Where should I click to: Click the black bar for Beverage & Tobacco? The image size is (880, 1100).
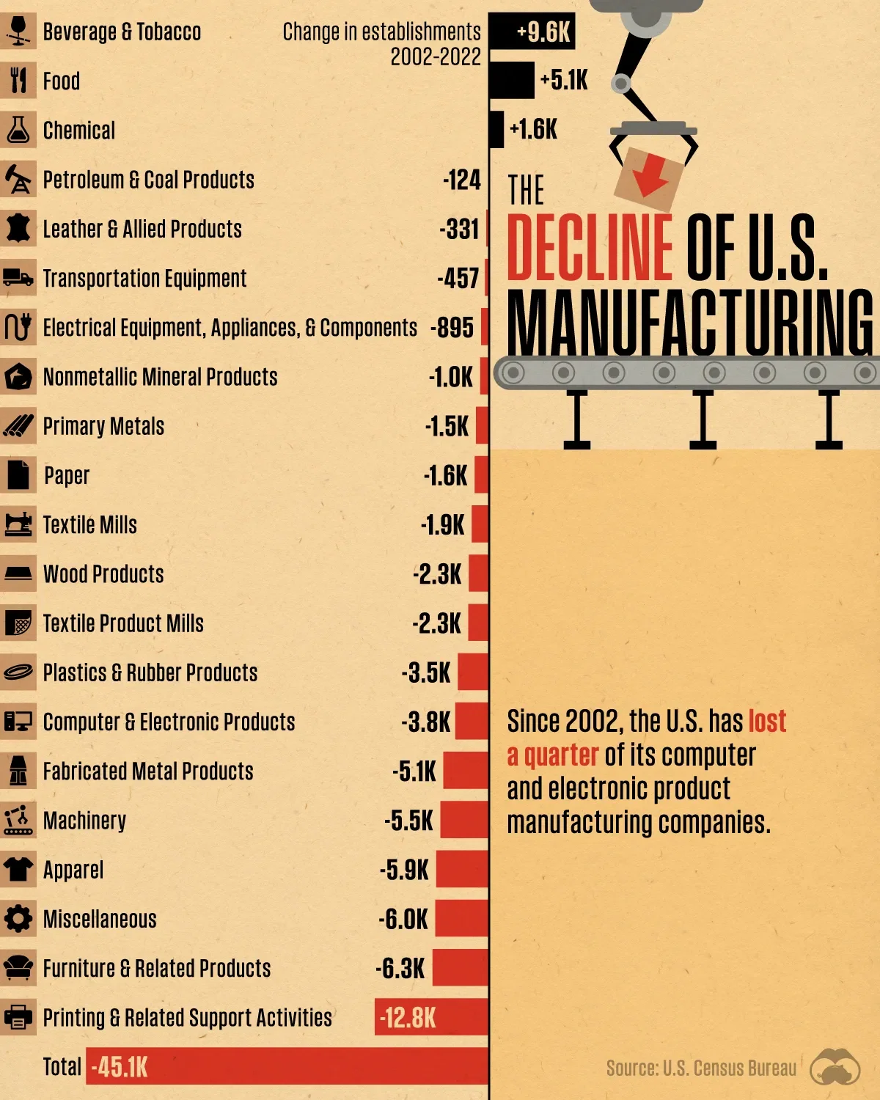tap(532, 32)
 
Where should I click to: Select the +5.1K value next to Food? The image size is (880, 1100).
tap(563, 80)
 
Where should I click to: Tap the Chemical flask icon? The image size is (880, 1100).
tap(18, 130)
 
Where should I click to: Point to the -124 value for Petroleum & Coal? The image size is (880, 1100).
tap(461, 180)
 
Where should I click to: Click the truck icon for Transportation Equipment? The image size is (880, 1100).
tap(18, 278)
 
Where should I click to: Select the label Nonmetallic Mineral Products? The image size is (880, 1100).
tap(160, 377)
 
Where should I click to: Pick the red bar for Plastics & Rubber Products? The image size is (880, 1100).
tap(473, 672)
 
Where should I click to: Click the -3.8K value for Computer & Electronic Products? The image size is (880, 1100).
tap(426, 722)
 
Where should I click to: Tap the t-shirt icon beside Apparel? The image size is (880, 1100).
tap(18, 869)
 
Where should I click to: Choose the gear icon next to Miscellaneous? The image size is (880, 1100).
tap(18, 918)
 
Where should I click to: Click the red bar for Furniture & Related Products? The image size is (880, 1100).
tap(460, 967)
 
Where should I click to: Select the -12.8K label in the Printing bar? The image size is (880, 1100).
tap(408, 1017)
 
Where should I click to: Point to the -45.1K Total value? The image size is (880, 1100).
tap(119, 1067)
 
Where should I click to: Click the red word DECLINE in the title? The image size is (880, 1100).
tap(589, 247)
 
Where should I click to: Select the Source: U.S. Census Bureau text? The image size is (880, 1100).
tap(700, 1068)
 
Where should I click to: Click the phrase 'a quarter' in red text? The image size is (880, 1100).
tap(552, 755)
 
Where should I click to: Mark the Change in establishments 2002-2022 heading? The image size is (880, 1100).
tap(382, 43)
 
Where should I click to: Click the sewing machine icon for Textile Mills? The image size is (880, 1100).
tap(18, 524)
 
